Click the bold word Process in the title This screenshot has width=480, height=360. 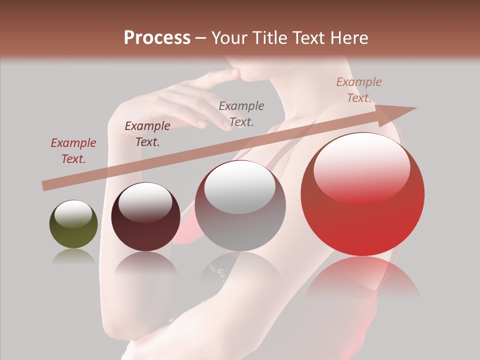point(157,38)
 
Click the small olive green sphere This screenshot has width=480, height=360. point(73,224)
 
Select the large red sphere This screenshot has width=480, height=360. point(362,194)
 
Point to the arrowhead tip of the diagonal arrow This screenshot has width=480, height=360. point(415,108)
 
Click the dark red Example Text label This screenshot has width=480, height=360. point(73,151)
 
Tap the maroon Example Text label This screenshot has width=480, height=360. point(147,134)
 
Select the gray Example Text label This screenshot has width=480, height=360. point(241,113)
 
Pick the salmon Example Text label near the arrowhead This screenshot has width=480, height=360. point(359,90)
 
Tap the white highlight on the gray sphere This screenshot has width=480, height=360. point(240,186)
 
